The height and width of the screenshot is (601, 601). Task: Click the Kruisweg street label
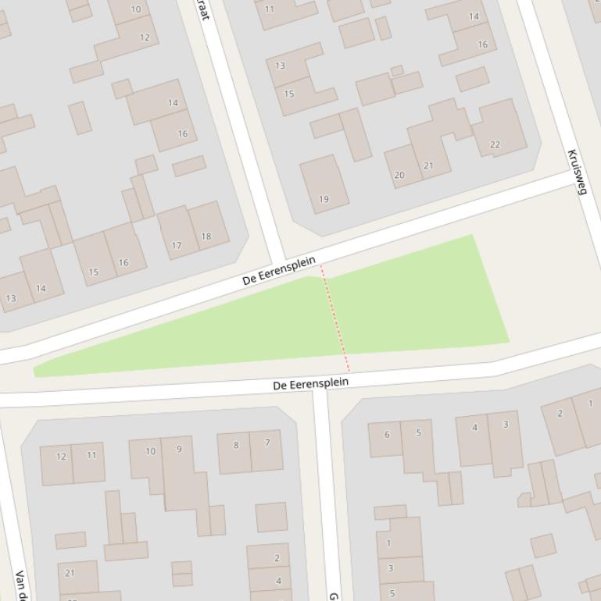tap(576, 172)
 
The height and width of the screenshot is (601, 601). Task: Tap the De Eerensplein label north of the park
tap(279, 270)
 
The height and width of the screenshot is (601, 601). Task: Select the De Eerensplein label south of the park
tap(310, 384)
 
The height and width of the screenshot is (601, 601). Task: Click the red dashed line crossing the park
tap(334, 320)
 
